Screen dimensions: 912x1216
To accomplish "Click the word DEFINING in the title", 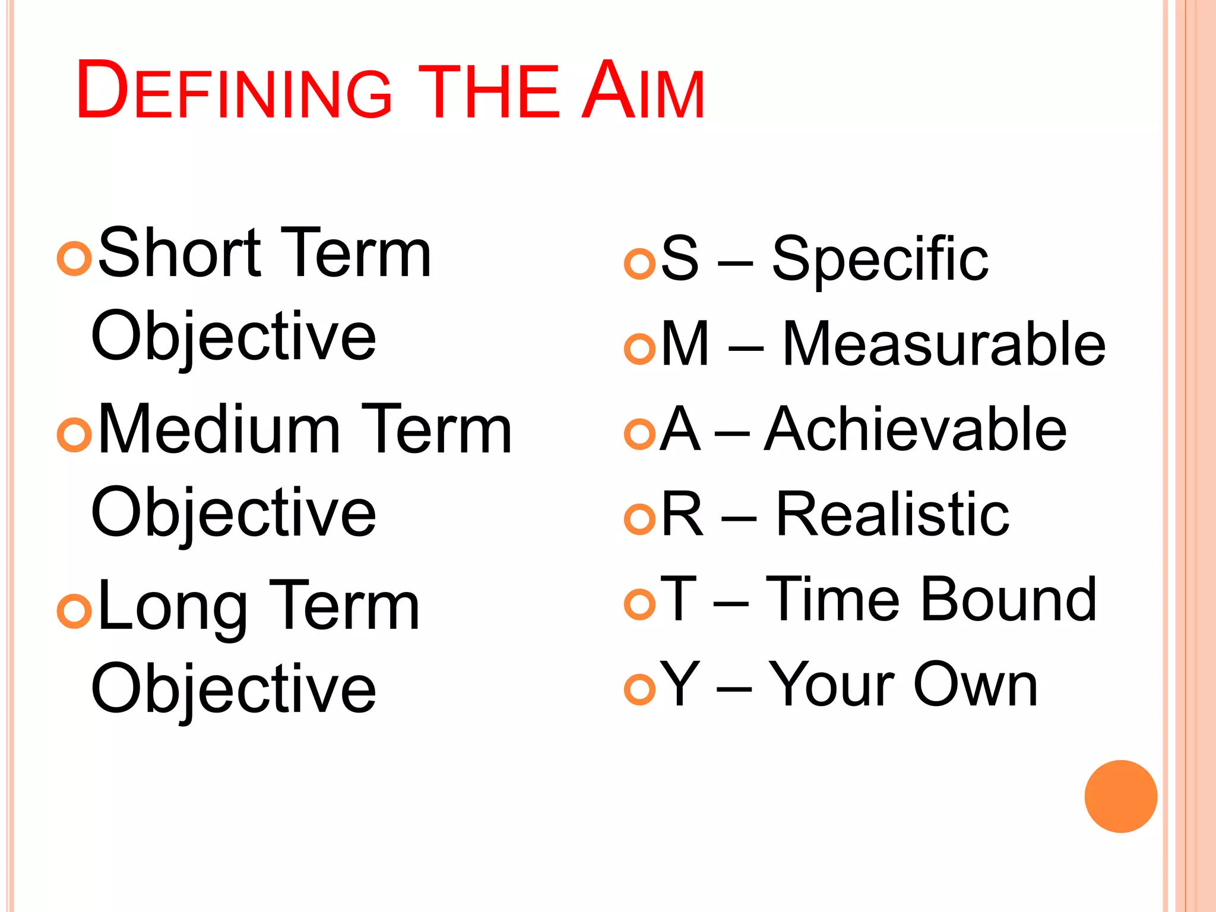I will [234, 91].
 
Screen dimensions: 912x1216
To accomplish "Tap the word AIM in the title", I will [642, 91].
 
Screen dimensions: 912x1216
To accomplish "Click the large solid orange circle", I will [1120, 796].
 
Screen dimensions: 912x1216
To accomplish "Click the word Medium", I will [219, 430].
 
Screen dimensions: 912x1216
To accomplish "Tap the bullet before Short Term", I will [74, 258].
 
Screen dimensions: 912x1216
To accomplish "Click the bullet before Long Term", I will [74, 611].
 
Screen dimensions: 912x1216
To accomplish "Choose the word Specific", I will [880, 259].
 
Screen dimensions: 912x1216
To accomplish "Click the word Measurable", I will [943, 344].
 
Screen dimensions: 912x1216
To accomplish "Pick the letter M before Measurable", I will [685, 344].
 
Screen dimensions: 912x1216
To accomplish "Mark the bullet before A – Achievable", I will [639, 434].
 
